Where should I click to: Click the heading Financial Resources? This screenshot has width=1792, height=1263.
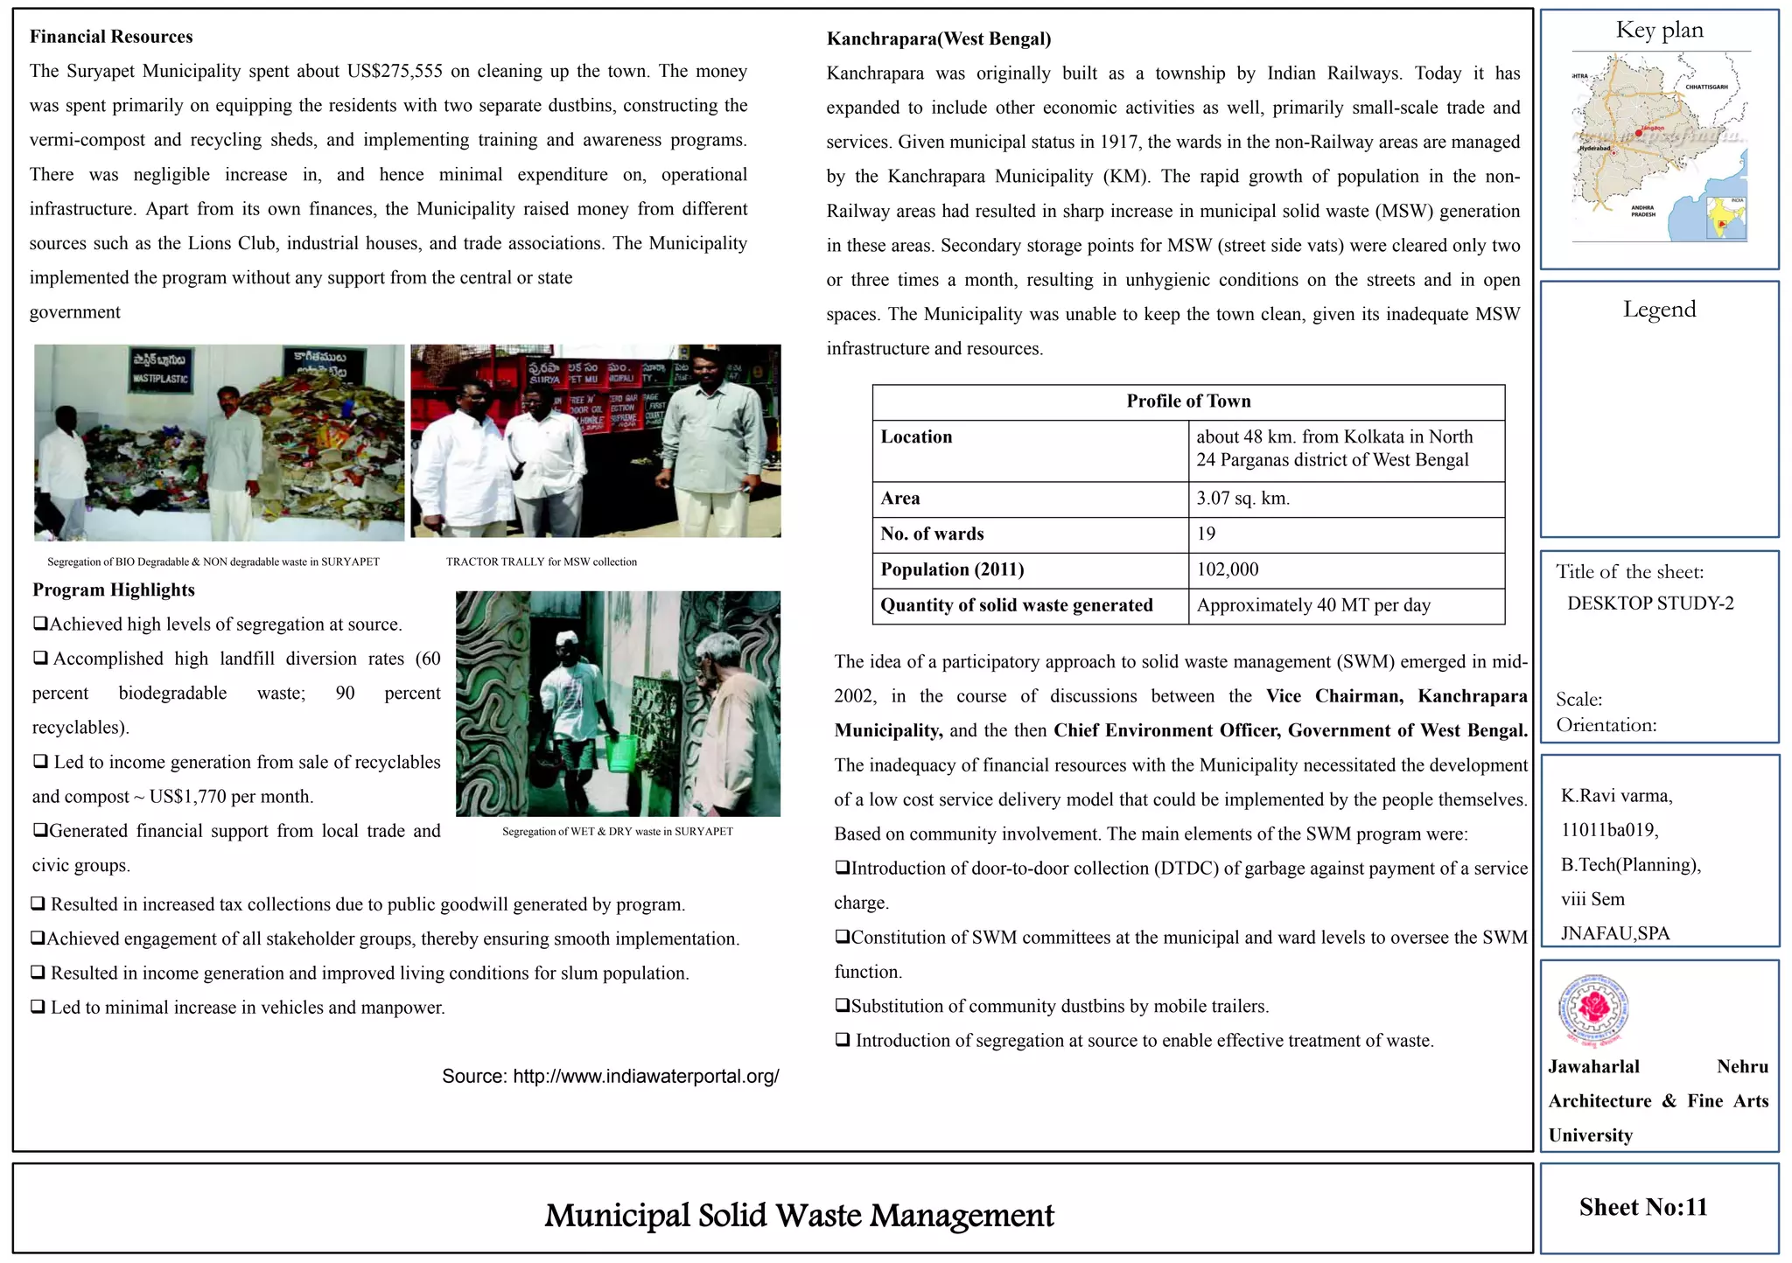coord(111,37)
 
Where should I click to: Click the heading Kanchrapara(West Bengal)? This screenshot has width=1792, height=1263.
coord(939,38)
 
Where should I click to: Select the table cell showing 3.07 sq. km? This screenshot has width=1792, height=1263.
coord(1242,499)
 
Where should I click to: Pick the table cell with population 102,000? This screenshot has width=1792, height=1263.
coord(1228,569)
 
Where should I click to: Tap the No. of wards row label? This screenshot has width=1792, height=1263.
coord(932,534)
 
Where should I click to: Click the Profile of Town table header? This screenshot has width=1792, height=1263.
coord(1188,401)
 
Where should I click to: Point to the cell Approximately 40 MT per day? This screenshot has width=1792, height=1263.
coord(1313,605)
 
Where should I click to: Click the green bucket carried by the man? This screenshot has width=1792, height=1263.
coord(622,753)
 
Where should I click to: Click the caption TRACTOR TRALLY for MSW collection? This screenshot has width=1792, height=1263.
coord(541,562)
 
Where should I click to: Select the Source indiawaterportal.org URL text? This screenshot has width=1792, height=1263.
coord(610,1076)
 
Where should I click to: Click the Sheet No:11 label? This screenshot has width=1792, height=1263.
coord(1642,1207)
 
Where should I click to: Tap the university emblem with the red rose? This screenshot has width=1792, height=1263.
coord(1594,1010)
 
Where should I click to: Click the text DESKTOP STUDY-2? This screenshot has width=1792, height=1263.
coord(1649,604)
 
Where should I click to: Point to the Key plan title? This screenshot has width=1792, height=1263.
coord(1659,31)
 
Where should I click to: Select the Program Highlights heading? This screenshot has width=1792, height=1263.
coord(114,590)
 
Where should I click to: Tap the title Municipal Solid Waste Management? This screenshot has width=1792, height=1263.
coord(799,1215)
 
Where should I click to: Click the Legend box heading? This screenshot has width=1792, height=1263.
coord(1659,309)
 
